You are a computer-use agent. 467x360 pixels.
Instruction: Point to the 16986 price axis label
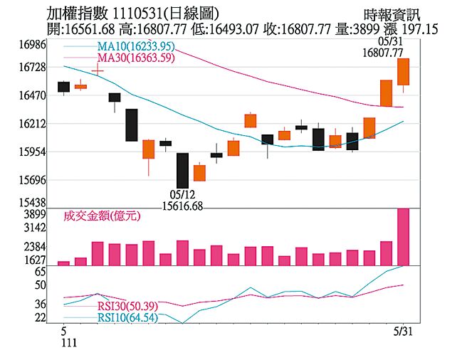pos(32,44)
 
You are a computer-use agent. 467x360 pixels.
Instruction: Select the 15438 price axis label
pos(32,203)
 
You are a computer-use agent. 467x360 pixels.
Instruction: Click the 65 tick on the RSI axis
pos(41,272)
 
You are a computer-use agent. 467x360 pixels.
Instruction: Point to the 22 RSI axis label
pos(41,317)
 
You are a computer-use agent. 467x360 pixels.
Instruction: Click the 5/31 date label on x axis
pos(403,331)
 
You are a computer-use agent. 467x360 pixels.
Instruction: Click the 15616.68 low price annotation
pos(183,206)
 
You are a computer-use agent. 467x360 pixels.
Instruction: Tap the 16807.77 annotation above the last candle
pos(382,53)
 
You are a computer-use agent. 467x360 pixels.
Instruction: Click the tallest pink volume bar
pos(403,237)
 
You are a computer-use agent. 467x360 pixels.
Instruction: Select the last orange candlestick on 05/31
pos(403,72)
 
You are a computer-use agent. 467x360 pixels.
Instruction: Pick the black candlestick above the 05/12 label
pos(182,171)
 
